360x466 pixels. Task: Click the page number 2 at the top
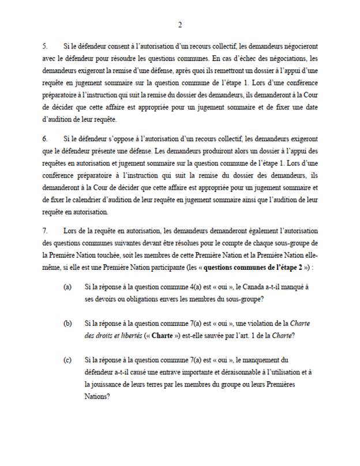(x=180, y=24)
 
